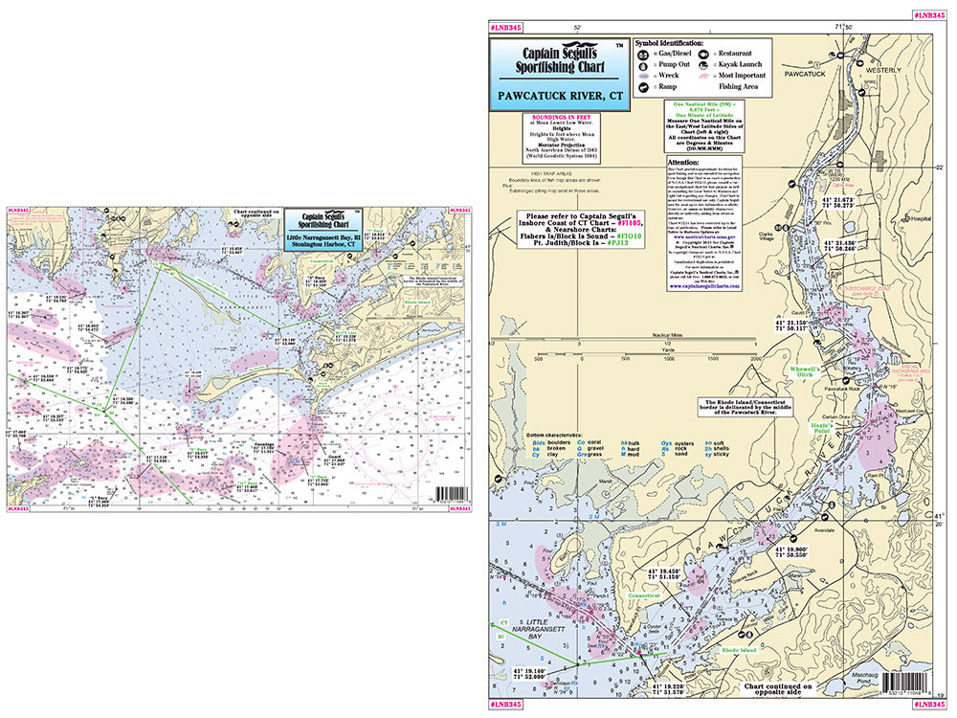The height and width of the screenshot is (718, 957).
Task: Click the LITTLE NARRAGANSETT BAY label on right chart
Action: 545,628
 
